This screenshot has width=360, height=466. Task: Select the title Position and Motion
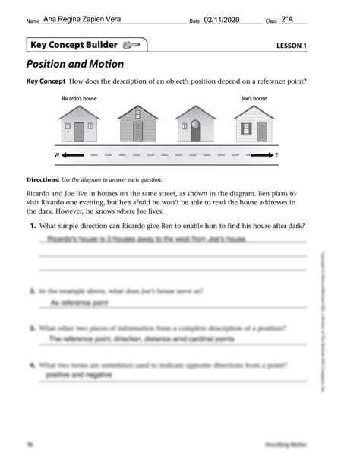(x=74, y=65)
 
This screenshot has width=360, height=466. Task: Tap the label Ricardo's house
(x=79, y=99)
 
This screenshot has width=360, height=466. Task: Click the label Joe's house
(x=254, y=99)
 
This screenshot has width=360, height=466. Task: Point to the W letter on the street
(x=56, y=155)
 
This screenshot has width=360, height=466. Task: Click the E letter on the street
(x=277, y=155)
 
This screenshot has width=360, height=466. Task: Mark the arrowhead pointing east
(x=267, y=155)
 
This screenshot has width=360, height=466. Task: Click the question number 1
(x=33, y=227)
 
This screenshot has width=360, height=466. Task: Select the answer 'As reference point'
(x=78, y=303)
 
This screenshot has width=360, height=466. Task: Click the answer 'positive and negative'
(x=79, y=375)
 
